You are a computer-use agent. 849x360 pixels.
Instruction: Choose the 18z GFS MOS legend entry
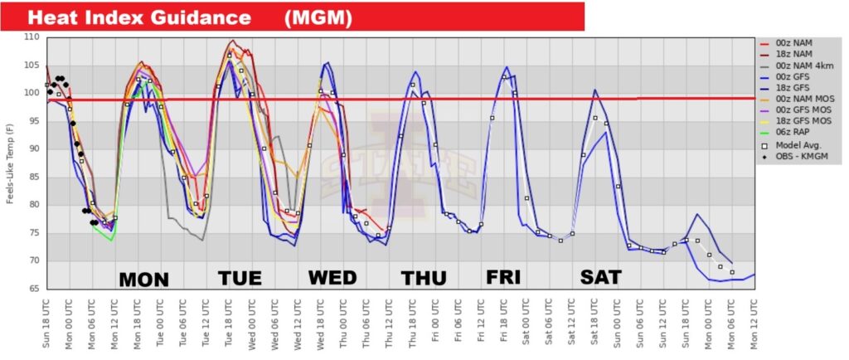click(802, 120)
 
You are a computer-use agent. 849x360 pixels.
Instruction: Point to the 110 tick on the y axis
click(32, 37)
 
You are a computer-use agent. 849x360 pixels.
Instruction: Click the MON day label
click(144, 279)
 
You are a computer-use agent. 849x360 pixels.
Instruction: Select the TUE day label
click(240, 278)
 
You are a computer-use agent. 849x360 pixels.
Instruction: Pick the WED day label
click(332, 278)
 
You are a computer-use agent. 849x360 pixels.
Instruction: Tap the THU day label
click(424, 278)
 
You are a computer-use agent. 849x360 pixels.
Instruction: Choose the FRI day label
click(504, 276)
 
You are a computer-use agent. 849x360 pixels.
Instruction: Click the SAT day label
click(600, 276)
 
